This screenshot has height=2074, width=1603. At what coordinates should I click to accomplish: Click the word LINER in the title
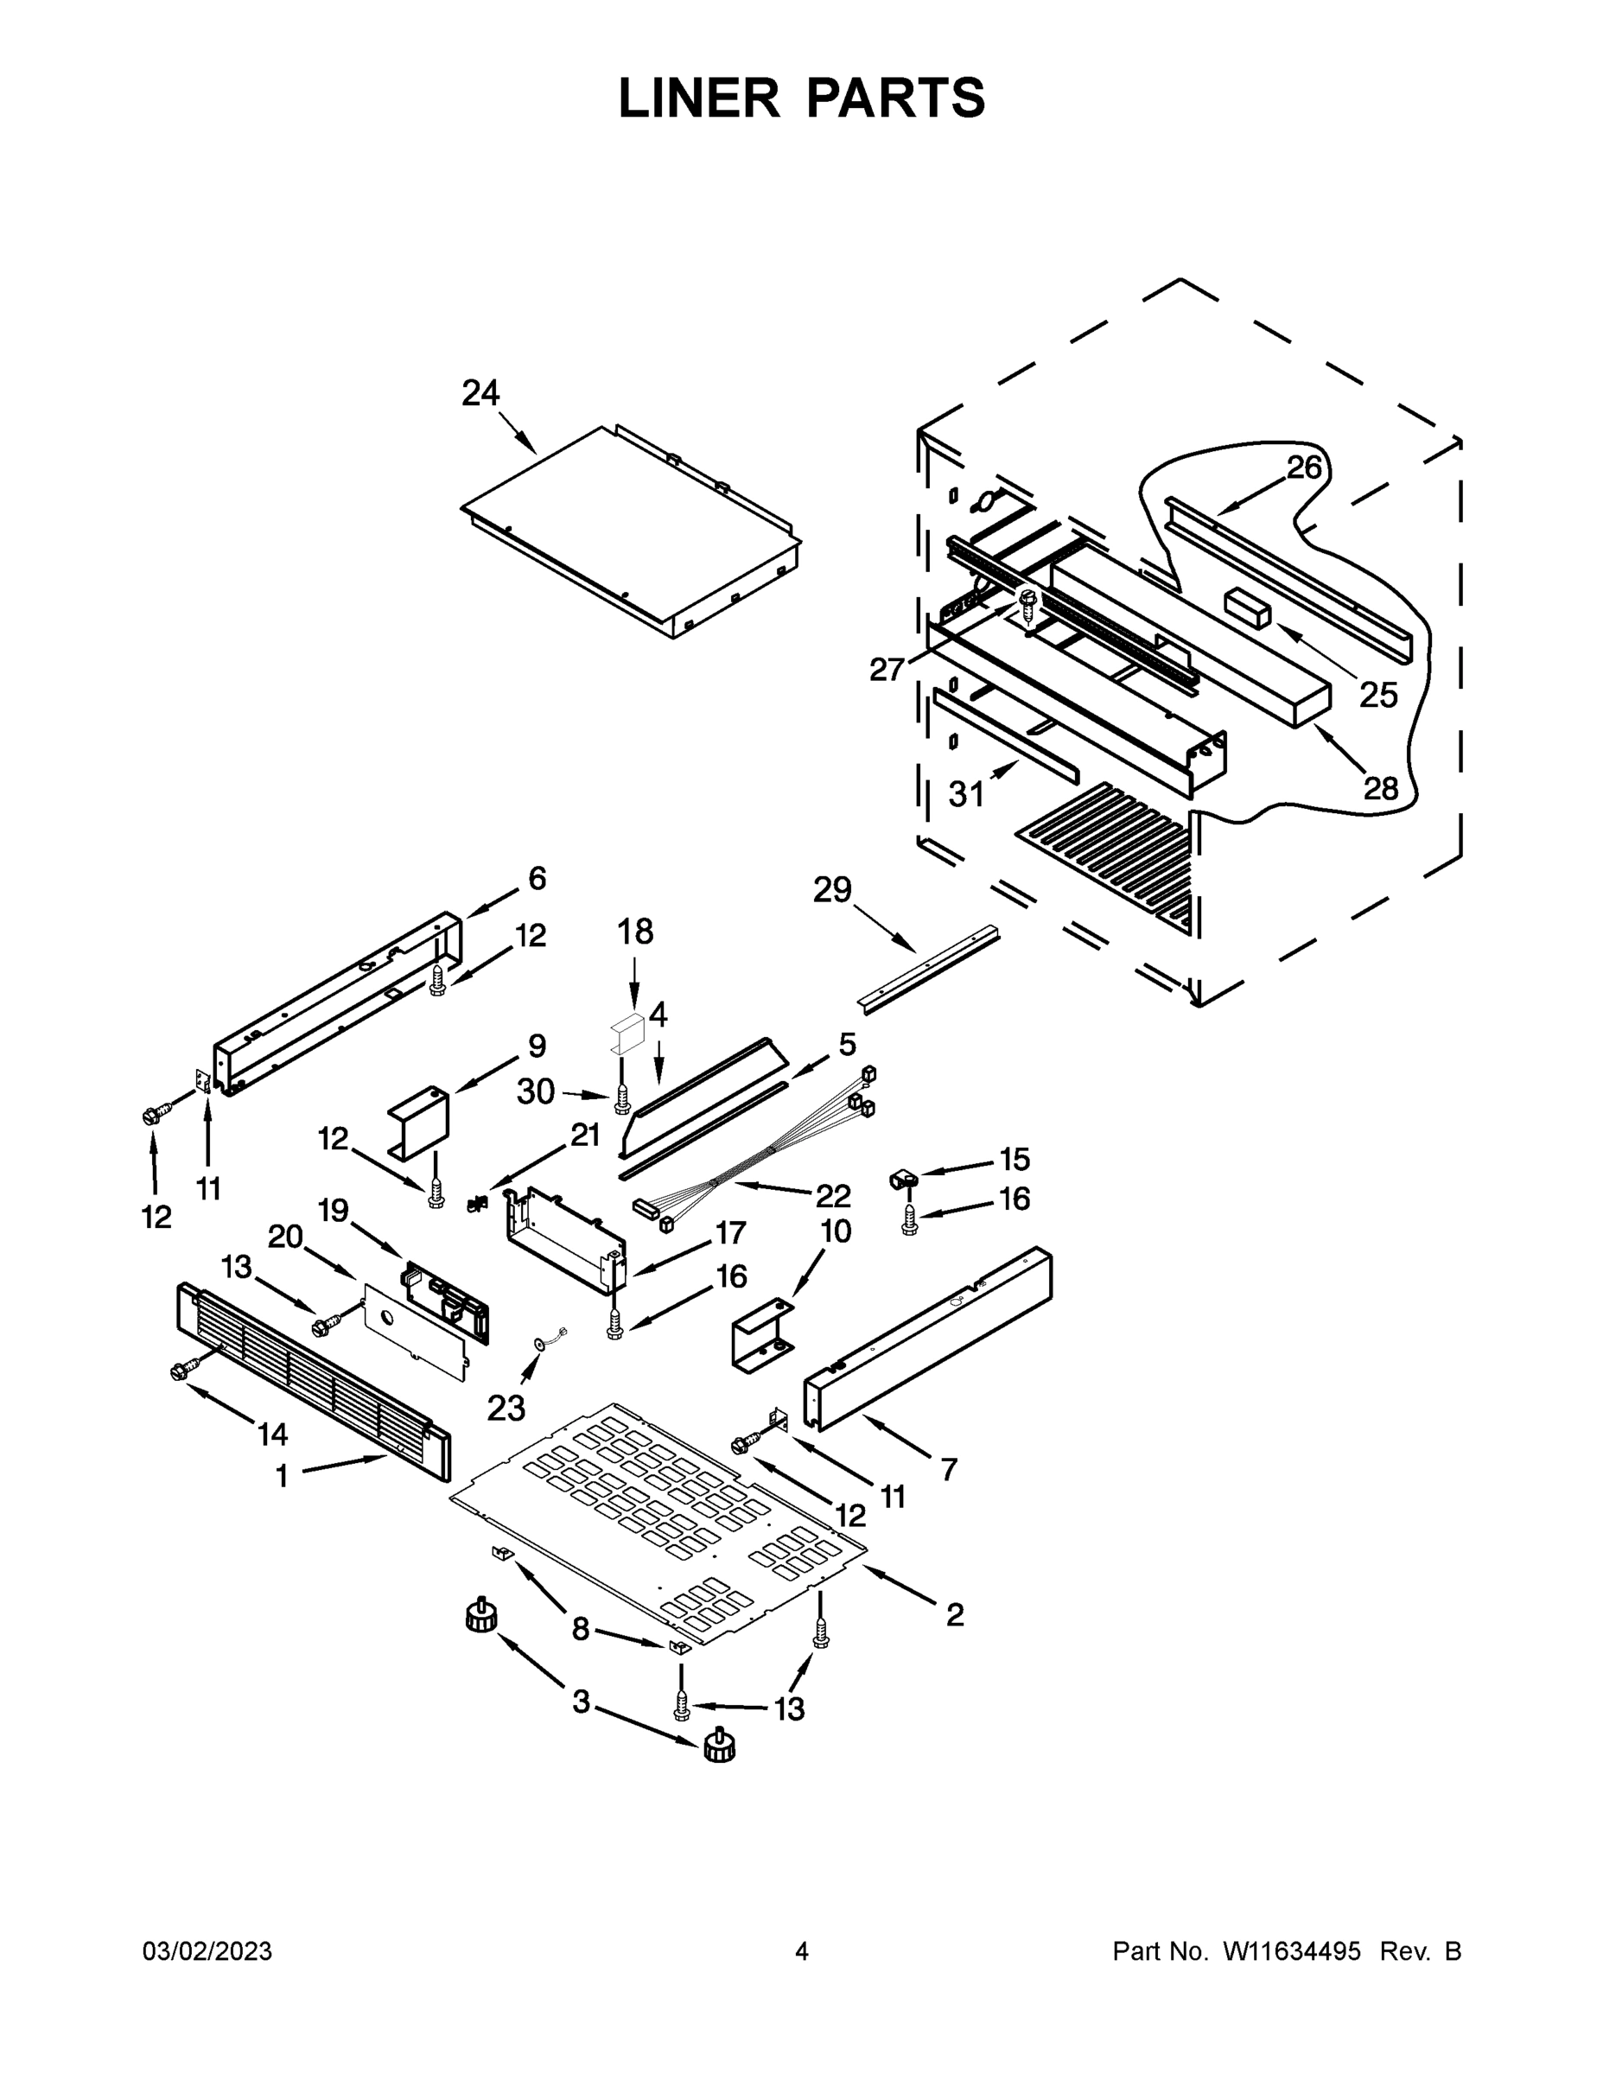coord(698,98)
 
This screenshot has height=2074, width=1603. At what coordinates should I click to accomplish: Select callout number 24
coord(480,392)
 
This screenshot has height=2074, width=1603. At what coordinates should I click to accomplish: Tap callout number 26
coord(1304,467)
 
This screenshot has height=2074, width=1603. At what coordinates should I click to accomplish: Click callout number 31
coord(966,794)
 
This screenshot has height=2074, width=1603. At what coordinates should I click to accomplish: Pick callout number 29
coord(832,891)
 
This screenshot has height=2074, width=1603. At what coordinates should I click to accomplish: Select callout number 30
coord(535,1091)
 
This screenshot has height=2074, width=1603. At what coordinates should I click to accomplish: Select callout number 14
coord(272,1434)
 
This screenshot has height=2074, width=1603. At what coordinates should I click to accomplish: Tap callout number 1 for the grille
coord(281,1476)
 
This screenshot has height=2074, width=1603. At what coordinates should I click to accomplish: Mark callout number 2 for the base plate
coord(954,1613)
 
